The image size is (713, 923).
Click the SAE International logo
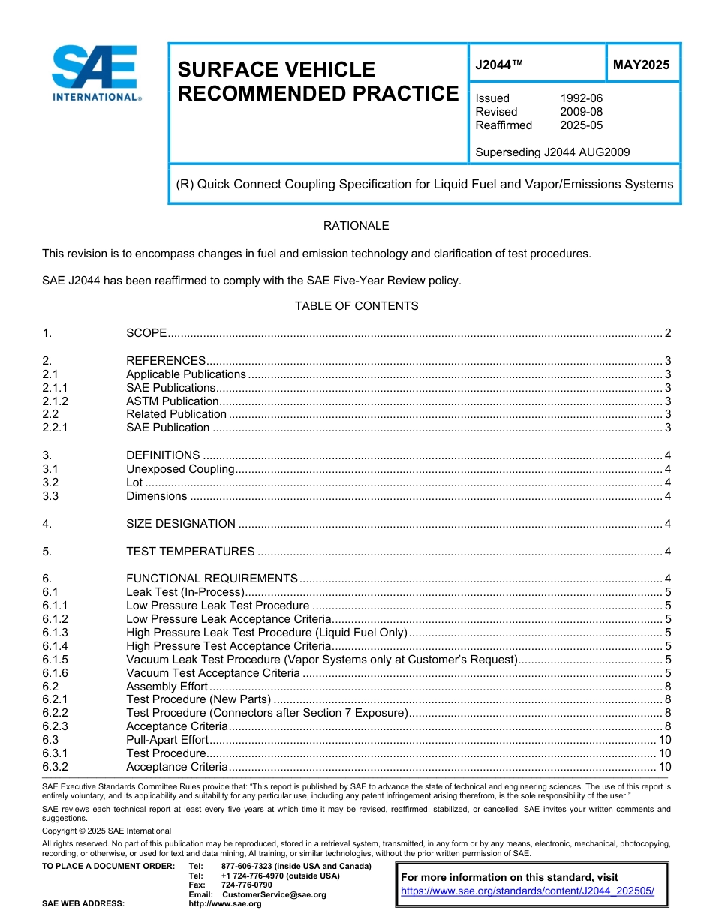coord(95,73)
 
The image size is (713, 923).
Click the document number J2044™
coord(499,65)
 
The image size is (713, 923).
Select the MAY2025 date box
coord(642,65)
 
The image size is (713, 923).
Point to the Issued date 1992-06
coord(581,98)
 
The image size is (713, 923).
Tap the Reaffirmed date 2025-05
coord(581,125)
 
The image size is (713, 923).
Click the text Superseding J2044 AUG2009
coord(552,152)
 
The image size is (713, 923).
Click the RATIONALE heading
coord(356,226)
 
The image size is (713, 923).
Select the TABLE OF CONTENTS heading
coord(356,306)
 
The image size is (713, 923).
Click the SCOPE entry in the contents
coord(146,333)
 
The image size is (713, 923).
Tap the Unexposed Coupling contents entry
coord(180,469)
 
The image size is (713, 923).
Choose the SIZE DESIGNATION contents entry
coord(181,524)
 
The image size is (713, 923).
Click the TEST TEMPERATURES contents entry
coord(191,552)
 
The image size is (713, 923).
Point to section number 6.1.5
coord(55,660)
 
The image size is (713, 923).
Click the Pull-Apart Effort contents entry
coord(167,740)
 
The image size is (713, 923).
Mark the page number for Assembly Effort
coord(667,687)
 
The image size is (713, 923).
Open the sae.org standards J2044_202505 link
coord(528,891)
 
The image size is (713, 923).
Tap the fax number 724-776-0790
coord(246,885)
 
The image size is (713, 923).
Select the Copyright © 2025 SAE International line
coord(107,831)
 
